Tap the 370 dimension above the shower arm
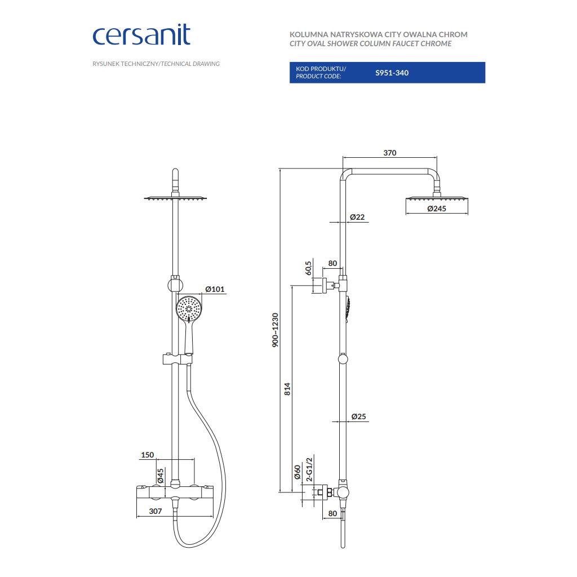click(390, 153)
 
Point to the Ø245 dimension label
click(437, 208)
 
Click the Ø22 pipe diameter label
click(357, 216)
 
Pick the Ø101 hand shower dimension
click(215, 289)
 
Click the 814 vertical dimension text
click(287, 388)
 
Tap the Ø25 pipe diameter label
click(358, 416)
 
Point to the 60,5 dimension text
click(308, 268)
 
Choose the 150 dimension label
click(148, 455)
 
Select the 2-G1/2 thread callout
click(308, 469)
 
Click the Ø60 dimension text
click(297, 472)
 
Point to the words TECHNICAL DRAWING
click(190, 64)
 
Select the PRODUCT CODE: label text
click(318, 76)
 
